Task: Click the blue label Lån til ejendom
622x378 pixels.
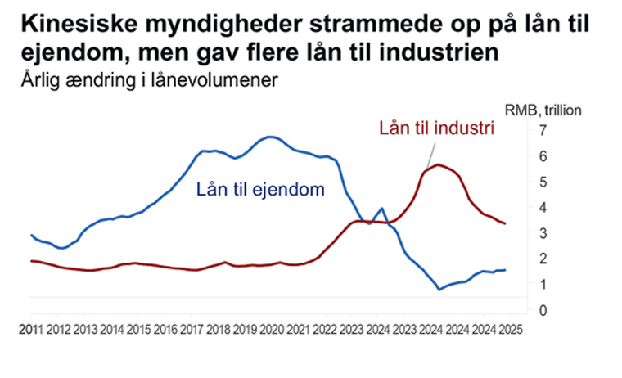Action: point(260,190)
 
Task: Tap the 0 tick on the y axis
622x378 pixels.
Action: point(542,311)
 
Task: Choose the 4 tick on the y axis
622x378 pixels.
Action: point(542,208)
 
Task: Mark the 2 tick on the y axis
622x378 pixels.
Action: point(542,259)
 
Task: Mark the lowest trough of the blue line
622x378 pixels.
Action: point(439,290)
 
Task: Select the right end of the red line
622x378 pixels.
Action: point(506,223)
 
